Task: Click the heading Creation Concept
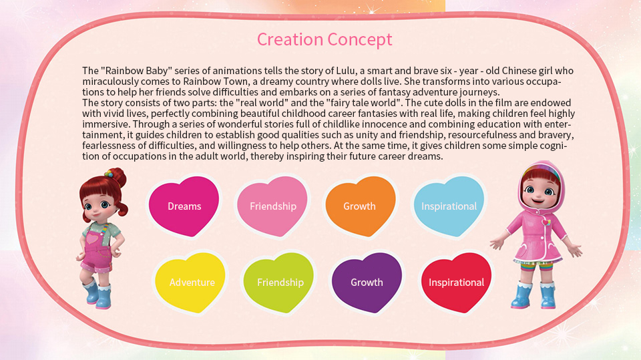coord(325,39)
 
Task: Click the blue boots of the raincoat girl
coord(533,295)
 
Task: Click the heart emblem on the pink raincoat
coord(546,223)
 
